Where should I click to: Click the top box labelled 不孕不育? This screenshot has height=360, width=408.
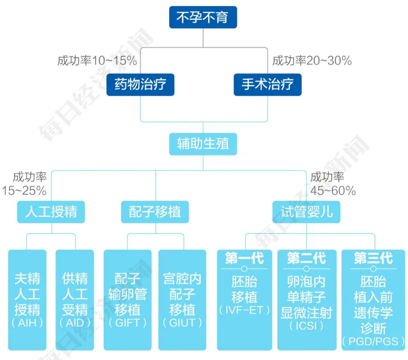tap(203, 18)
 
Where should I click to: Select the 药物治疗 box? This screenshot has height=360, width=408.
tap(141, 86)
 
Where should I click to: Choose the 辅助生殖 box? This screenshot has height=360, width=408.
tap(203, 144)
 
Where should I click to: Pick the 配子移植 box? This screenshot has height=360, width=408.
tap(154, 211)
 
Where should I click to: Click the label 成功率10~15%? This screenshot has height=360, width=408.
tap(97, 61)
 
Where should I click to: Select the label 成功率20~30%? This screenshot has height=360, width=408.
tap(312, 61)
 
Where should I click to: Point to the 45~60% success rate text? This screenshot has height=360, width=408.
tap(333, 191)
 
